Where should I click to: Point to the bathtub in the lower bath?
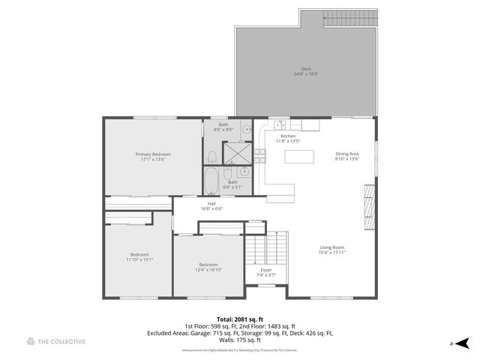click(x=211, y=179)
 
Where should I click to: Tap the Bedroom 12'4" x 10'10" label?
click(x=208, y=268)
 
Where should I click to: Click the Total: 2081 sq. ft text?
click(x=239, y=319)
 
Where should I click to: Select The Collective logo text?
click(x=61, y=342)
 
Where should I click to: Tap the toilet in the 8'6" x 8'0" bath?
click(x=211, y=157)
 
